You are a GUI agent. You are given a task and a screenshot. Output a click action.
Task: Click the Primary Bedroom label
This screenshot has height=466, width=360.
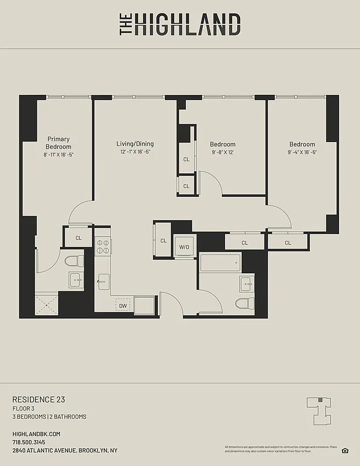(58, 143)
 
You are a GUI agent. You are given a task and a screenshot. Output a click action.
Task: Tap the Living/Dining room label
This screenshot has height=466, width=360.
(135, 144)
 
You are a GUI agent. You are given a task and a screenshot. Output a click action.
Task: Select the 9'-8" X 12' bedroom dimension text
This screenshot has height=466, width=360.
(223, 153)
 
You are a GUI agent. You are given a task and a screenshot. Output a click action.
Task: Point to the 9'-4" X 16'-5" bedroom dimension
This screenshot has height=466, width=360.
(302, 153)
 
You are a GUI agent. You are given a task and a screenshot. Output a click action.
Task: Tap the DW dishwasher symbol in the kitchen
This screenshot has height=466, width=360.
(123, 305)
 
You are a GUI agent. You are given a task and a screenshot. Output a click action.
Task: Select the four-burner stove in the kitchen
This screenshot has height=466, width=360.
(103, 248)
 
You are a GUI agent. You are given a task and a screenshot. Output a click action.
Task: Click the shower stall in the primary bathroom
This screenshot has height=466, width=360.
(46, 305)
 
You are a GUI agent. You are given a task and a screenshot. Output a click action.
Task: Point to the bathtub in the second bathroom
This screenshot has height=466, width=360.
(220, 263)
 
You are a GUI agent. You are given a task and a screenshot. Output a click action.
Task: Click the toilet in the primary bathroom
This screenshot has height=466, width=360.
(74, 262)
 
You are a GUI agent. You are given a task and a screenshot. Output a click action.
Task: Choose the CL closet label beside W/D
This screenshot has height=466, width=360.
(163, 241)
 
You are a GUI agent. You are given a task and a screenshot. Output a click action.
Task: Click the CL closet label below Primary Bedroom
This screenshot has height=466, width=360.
(78, 238)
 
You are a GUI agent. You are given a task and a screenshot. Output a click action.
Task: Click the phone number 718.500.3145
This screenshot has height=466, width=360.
(29, 442)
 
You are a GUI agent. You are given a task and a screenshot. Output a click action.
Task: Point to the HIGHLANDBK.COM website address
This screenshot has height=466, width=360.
(36, 434)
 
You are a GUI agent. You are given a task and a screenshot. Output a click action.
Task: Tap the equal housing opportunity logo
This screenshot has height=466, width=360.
(345, 450)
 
